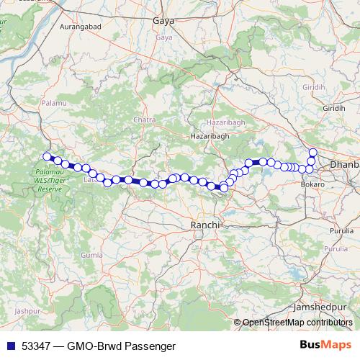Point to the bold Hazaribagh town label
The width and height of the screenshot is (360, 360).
pos(209,135)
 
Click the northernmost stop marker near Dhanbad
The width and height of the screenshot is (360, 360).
pos(312,152)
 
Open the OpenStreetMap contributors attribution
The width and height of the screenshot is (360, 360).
pos(297,323)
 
